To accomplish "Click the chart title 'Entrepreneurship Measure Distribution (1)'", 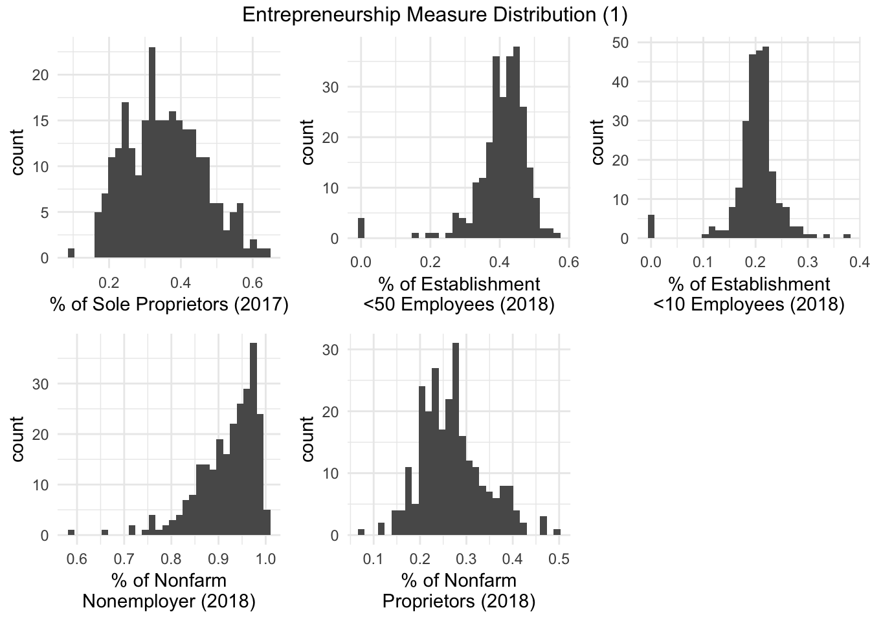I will coord(434,15).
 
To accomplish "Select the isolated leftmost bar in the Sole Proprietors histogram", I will coord(71,253).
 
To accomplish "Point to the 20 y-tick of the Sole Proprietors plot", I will coord(41,75).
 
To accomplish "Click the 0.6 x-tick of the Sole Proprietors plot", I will coord(252,283).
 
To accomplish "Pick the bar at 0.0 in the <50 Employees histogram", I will coord(361,228).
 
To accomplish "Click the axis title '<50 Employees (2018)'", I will coord(460,304).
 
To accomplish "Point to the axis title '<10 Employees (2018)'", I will coord(749,304).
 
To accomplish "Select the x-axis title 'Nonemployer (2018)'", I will coord(169,601).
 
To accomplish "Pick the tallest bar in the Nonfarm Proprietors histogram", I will coord(456,440).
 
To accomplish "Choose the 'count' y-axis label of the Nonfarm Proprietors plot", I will coord(308,439).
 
